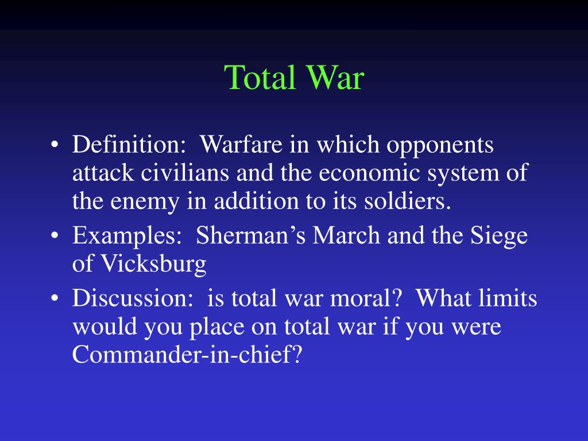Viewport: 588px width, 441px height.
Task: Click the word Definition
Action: tap(126, 145)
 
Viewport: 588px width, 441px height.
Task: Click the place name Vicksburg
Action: tap(153, 264)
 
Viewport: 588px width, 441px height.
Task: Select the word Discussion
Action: tap(126, 299)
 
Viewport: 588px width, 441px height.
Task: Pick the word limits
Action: tap(509, 299)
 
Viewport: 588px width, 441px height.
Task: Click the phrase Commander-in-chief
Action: tap(187, 355)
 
